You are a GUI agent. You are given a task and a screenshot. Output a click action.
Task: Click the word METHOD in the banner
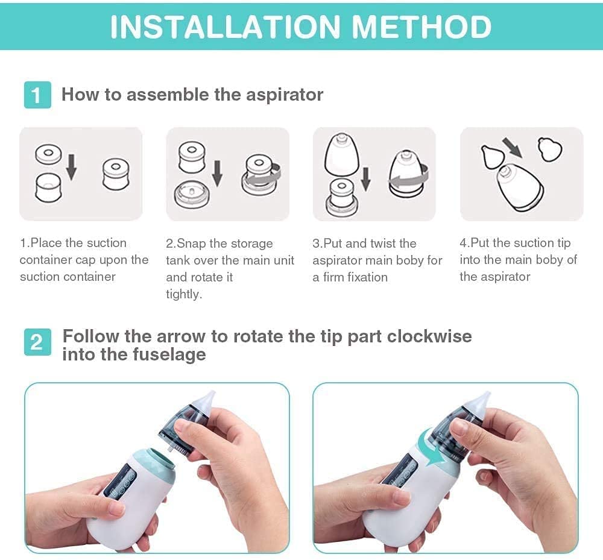[x=421, y=27]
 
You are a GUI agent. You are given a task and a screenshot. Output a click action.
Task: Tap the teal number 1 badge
[x=37, y=95]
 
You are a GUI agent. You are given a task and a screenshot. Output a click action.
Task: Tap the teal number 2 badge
[x=37, y=342]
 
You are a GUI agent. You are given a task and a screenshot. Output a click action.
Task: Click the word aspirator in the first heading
[x=285, y=95]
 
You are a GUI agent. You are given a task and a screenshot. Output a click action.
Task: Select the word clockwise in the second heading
[x=429, y=336]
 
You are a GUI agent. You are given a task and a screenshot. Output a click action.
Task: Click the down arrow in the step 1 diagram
[x=71, y=167]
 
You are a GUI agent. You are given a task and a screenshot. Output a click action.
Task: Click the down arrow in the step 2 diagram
[x=217, y=174]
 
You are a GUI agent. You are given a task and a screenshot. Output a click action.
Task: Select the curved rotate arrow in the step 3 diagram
[x=411, y=178]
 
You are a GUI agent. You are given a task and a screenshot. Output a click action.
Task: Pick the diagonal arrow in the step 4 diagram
[x=514, y=148]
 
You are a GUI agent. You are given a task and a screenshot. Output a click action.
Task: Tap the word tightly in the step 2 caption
[x=184, y=294]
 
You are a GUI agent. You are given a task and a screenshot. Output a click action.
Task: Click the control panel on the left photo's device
[x=121, y=480]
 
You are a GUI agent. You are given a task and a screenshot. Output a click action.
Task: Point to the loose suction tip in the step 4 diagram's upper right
[x=550, y=149]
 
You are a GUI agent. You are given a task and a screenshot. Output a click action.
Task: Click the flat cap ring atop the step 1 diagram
[x=48, y=154]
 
